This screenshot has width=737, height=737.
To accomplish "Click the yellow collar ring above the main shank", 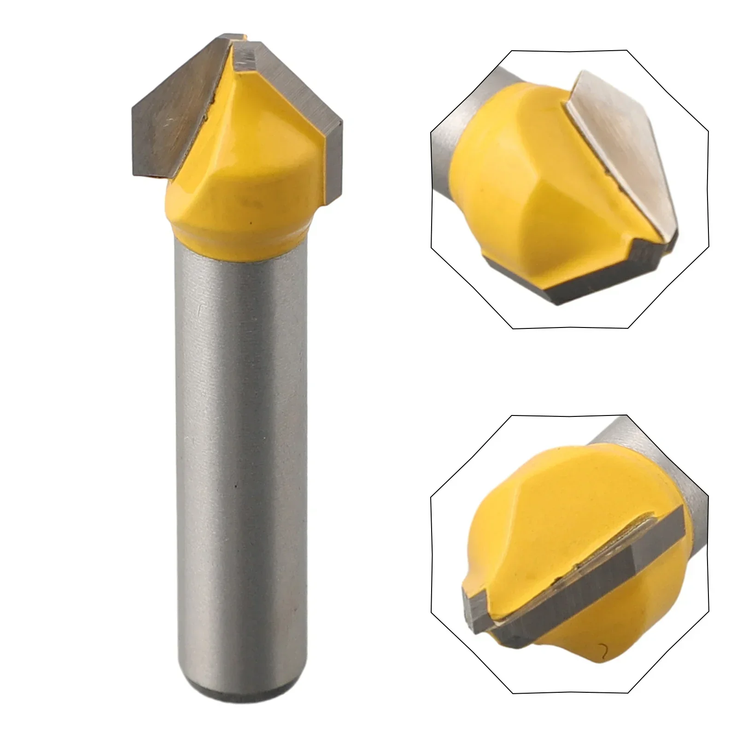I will tap(240, 230).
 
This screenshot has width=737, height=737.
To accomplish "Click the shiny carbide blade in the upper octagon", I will tap(636, 152).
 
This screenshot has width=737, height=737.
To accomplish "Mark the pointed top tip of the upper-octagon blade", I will tap(585, 74).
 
